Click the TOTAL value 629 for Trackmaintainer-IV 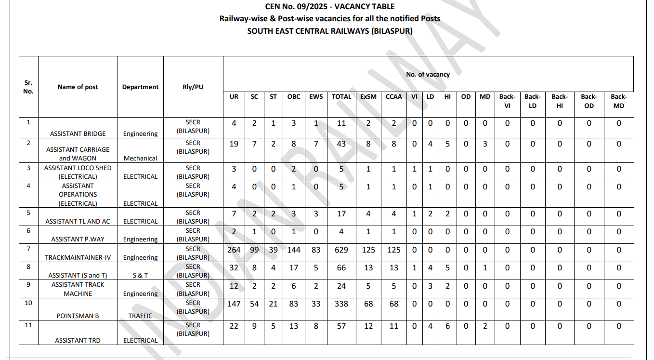[341, 250]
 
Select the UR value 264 [234, 250]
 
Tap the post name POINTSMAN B [78, 316]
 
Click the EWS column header [316, 96]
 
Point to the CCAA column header [393, 96]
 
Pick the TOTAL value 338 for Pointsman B [341, 304]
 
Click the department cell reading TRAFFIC [140, 316]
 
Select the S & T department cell [140, 275]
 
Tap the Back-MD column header [619, 101]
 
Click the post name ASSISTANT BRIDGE [78, 133]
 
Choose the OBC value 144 [294, 250]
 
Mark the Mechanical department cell [140, 158]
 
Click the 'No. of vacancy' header [428, 74]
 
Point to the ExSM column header [368, 96]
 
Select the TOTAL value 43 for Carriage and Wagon [341, 144]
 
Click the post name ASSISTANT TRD [78, 340]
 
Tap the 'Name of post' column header [78, 87]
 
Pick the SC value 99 [254, 250]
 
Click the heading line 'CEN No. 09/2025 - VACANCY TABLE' [330, 6]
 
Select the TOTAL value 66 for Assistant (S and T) [341, 267]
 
